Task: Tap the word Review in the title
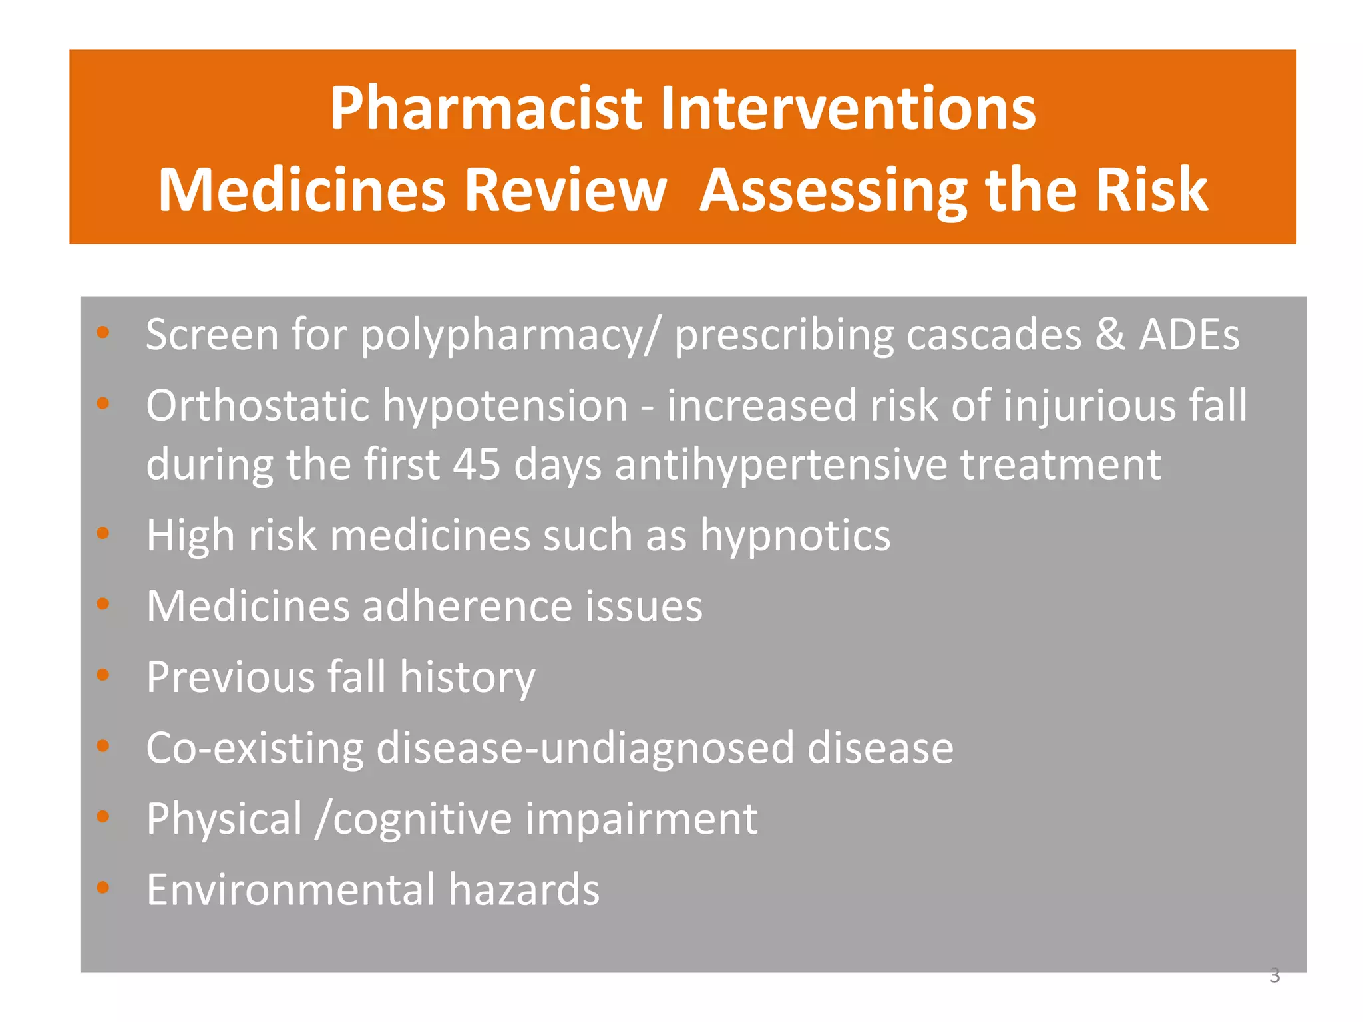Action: click(565, 191)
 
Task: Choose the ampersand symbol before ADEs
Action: click(1110, 335)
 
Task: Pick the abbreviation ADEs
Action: click(1189, 335)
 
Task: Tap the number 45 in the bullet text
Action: click(477, 464)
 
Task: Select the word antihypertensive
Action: click(780, 465)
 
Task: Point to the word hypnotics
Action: click(795, 536)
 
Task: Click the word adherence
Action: click(467, 606)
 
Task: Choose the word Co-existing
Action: click(254, 748)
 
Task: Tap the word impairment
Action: click(641, 819)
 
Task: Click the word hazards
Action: click(524, 890)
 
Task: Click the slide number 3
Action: click(1274, 976)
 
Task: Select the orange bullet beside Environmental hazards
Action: click(102, 887)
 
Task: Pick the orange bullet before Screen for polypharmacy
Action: click(102, 332)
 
